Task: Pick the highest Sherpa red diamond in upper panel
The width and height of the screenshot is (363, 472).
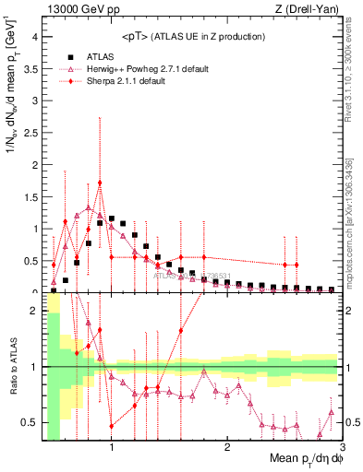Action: point(100,183)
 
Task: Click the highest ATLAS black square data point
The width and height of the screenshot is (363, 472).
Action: point(112,219)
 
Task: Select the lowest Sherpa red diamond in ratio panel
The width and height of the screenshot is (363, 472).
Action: point(112,426)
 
